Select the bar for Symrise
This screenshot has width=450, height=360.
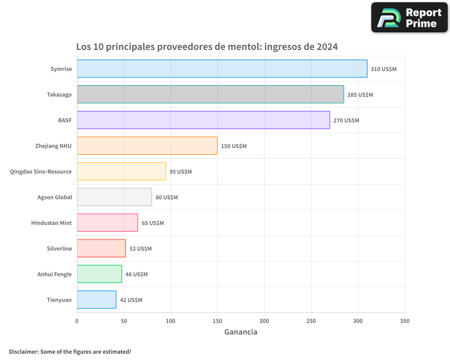[222, 69]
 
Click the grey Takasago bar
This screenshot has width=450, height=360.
[210, 94]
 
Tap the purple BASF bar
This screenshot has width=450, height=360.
[203, 120]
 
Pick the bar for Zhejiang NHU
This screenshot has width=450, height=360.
[147, 146]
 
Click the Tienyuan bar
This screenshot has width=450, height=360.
[96, 300]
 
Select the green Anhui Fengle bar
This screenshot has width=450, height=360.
[99, 274]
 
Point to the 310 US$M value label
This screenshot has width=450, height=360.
[383, 69]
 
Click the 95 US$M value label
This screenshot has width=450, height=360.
[180, 172]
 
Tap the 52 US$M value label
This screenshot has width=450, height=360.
[140, 249]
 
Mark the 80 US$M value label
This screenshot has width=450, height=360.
[166, 198]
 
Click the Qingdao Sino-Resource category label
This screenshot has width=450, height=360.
[41, 171]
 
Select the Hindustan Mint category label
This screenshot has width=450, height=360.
[51, 223]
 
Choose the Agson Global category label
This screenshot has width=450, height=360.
[54, 197]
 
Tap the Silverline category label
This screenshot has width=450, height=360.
[59, 248]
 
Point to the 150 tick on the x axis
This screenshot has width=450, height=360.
[217, 321]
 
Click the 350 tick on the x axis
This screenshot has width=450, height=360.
[405, 321]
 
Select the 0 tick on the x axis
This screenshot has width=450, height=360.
[77, 321]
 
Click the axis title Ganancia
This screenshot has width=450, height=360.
[241, 332]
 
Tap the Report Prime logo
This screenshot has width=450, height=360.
[409, 18]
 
